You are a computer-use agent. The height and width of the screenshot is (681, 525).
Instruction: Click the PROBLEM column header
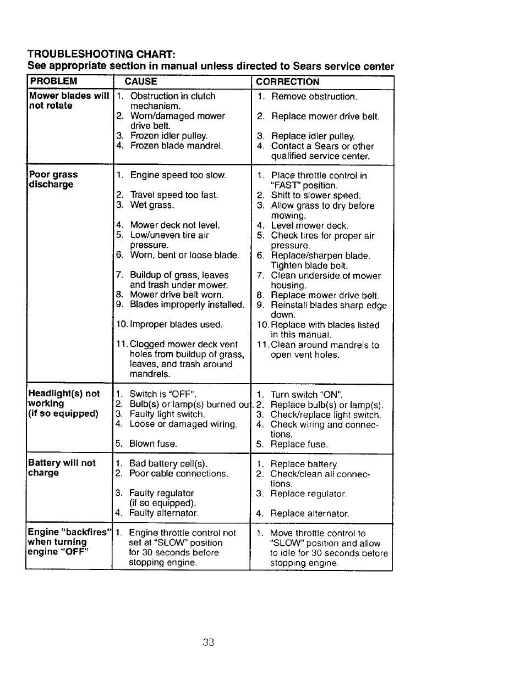(x=53, y=81)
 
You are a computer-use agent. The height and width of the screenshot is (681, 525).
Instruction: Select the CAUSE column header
(x=141, y=81)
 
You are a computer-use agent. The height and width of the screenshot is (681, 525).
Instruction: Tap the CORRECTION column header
(x=287, y=82)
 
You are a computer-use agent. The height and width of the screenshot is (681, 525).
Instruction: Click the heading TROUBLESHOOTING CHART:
(x=102, y=54)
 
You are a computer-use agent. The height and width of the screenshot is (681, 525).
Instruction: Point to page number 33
(x=208, y=642)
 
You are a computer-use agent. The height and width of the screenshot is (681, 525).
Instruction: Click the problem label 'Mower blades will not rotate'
(x=68, y=101)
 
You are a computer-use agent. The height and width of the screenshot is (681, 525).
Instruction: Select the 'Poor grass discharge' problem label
(x=53, y=179)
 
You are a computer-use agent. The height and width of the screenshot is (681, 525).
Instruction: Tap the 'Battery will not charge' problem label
(x=62, y=468)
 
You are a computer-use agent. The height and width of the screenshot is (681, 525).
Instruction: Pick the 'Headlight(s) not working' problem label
(x=64, y=403)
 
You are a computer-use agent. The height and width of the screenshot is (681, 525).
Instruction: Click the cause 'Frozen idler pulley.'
(x=168, y=136)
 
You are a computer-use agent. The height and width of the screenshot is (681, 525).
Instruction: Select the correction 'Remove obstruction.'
(x=314, y=97)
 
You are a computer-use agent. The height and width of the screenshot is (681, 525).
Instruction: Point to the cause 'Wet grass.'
(x=152, y=205)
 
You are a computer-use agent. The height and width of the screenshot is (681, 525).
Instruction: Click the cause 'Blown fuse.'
(x=153, y=444)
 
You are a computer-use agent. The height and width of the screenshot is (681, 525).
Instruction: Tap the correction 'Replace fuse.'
(x=299, y=444)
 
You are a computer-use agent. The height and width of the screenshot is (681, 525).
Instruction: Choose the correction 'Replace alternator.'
(x=309, y=513)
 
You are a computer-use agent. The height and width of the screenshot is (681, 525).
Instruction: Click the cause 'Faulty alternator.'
(x=163, y=513)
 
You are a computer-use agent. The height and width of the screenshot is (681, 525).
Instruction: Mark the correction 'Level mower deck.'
(x=309, y=225)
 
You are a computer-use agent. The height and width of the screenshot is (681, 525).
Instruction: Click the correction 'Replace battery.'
(x=304, y=464)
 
